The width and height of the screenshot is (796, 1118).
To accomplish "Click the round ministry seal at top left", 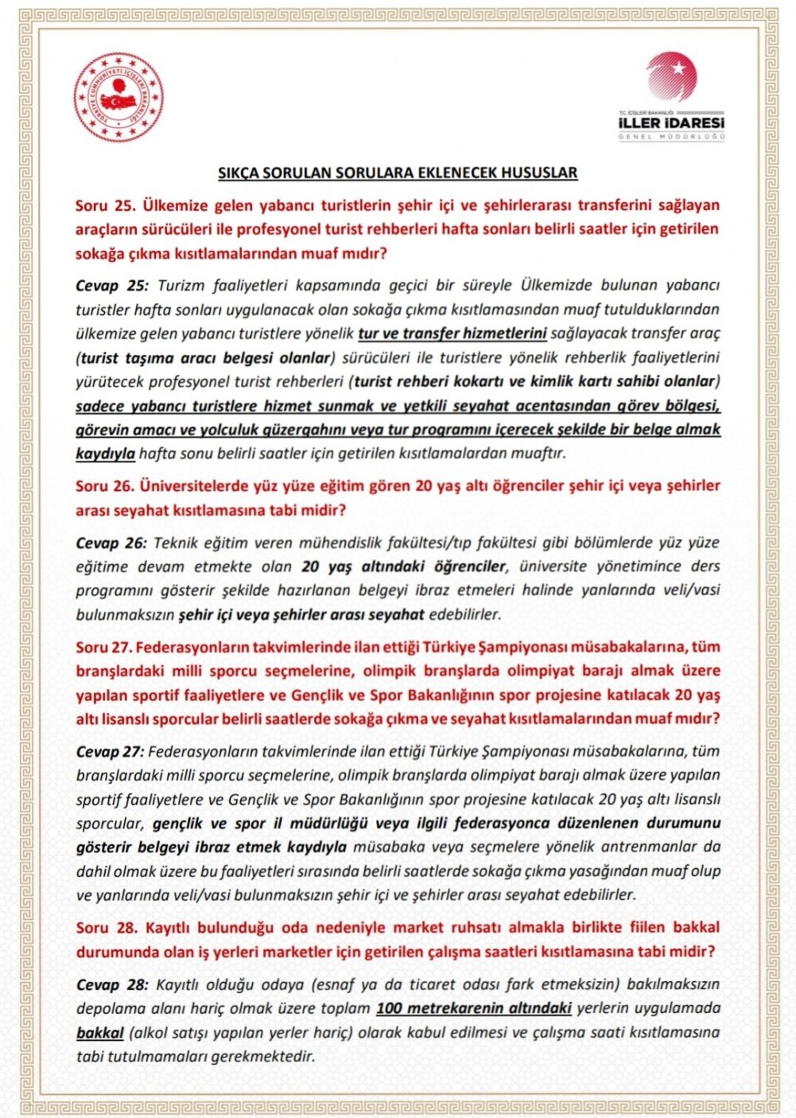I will pos(118,98).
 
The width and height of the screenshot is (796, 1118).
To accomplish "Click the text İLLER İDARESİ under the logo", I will pos(671,123).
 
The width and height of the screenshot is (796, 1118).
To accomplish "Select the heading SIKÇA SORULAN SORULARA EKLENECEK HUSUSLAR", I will pos(398,173).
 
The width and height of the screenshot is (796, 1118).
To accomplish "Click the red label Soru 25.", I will pos(106,205).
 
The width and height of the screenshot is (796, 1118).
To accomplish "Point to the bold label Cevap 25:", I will pos(112,286).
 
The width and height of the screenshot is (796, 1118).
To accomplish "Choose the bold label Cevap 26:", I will pos(111,543).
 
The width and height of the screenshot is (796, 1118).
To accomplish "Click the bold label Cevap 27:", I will pos(110,751).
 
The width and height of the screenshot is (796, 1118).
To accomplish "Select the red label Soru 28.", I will pos(107,928).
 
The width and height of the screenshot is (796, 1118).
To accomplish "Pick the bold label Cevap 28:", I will pos(112,985).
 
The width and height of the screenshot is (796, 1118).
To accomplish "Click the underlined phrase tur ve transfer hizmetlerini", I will pos(452,333).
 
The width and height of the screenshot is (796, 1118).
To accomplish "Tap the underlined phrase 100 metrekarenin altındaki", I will pos(474,1008).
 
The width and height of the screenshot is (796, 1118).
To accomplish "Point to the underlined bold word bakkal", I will pos(99,1033).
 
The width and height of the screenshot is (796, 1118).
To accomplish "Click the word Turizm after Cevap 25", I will pos(182,286).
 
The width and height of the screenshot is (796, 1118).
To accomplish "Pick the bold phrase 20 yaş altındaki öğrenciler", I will pos(404,567).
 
